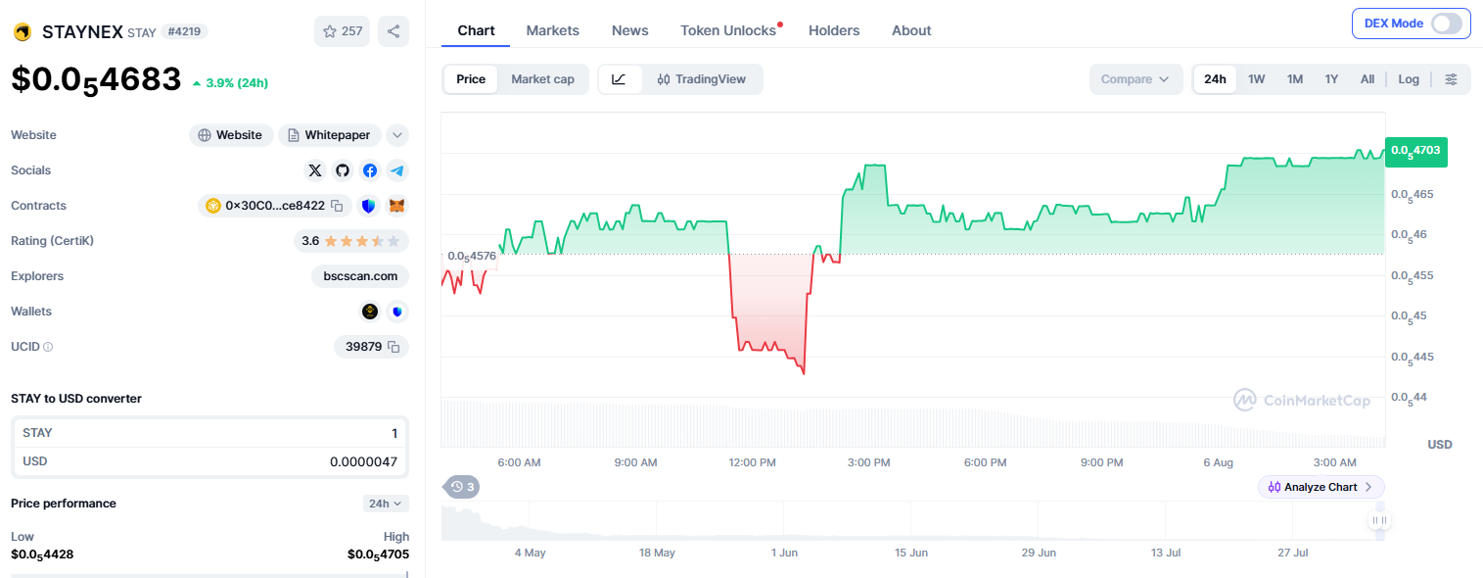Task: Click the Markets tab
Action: pos(552,30)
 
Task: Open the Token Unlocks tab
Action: pos(728,30)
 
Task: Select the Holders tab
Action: pos(834,30)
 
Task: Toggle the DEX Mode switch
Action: pos(1447,24)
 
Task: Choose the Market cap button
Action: pos(542,79)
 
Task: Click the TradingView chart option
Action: pos(701,79)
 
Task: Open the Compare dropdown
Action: pos(1135,79)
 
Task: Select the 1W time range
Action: pos(1256,79)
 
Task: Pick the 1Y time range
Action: pos(1331,79)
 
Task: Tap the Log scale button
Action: pos(1409,79)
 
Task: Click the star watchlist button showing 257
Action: pos(342,31)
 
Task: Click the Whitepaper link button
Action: pos(329,135)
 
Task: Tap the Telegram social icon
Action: pos(396,170)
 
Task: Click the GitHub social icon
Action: pos(343,170)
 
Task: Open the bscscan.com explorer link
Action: pos(360,276)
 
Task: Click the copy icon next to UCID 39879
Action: pos(394,347)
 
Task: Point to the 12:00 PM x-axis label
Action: pos(752,462)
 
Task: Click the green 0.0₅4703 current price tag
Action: pos(1416,152)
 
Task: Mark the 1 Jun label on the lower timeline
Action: pos(784,553)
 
